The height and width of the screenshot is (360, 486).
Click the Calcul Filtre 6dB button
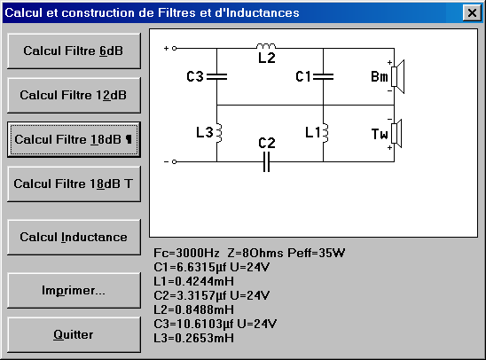[74, 51]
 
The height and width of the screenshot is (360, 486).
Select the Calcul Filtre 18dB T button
[74, 184]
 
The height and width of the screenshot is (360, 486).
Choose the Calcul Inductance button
[74, 238]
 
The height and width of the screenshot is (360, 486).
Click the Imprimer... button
[74, 291]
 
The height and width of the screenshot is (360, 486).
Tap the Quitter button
[74, 335]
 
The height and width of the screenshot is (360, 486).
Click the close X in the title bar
[472, 12]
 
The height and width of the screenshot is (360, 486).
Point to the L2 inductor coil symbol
[266, 46]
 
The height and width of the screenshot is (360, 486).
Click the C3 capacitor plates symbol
[216, 76]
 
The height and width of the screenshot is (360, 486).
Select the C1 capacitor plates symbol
[324, 76]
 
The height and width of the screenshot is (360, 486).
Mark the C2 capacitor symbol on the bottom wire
[266, 161]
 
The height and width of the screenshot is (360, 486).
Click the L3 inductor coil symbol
[219, 133]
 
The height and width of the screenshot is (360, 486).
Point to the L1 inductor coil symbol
[325, 133]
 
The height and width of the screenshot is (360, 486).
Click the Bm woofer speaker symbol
[397, 76]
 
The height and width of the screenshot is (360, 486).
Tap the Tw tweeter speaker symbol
[396, 133]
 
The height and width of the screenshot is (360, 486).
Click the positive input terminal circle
[174, 49]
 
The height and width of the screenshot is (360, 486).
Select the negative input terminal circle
[174, 161]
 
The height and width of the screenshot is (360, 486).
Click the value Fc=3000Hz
[186, 253]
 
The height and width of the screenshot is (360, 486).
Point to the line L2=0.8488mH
[193, 309]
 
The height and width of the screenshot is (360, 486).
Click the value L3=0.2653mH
[193, 338]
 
